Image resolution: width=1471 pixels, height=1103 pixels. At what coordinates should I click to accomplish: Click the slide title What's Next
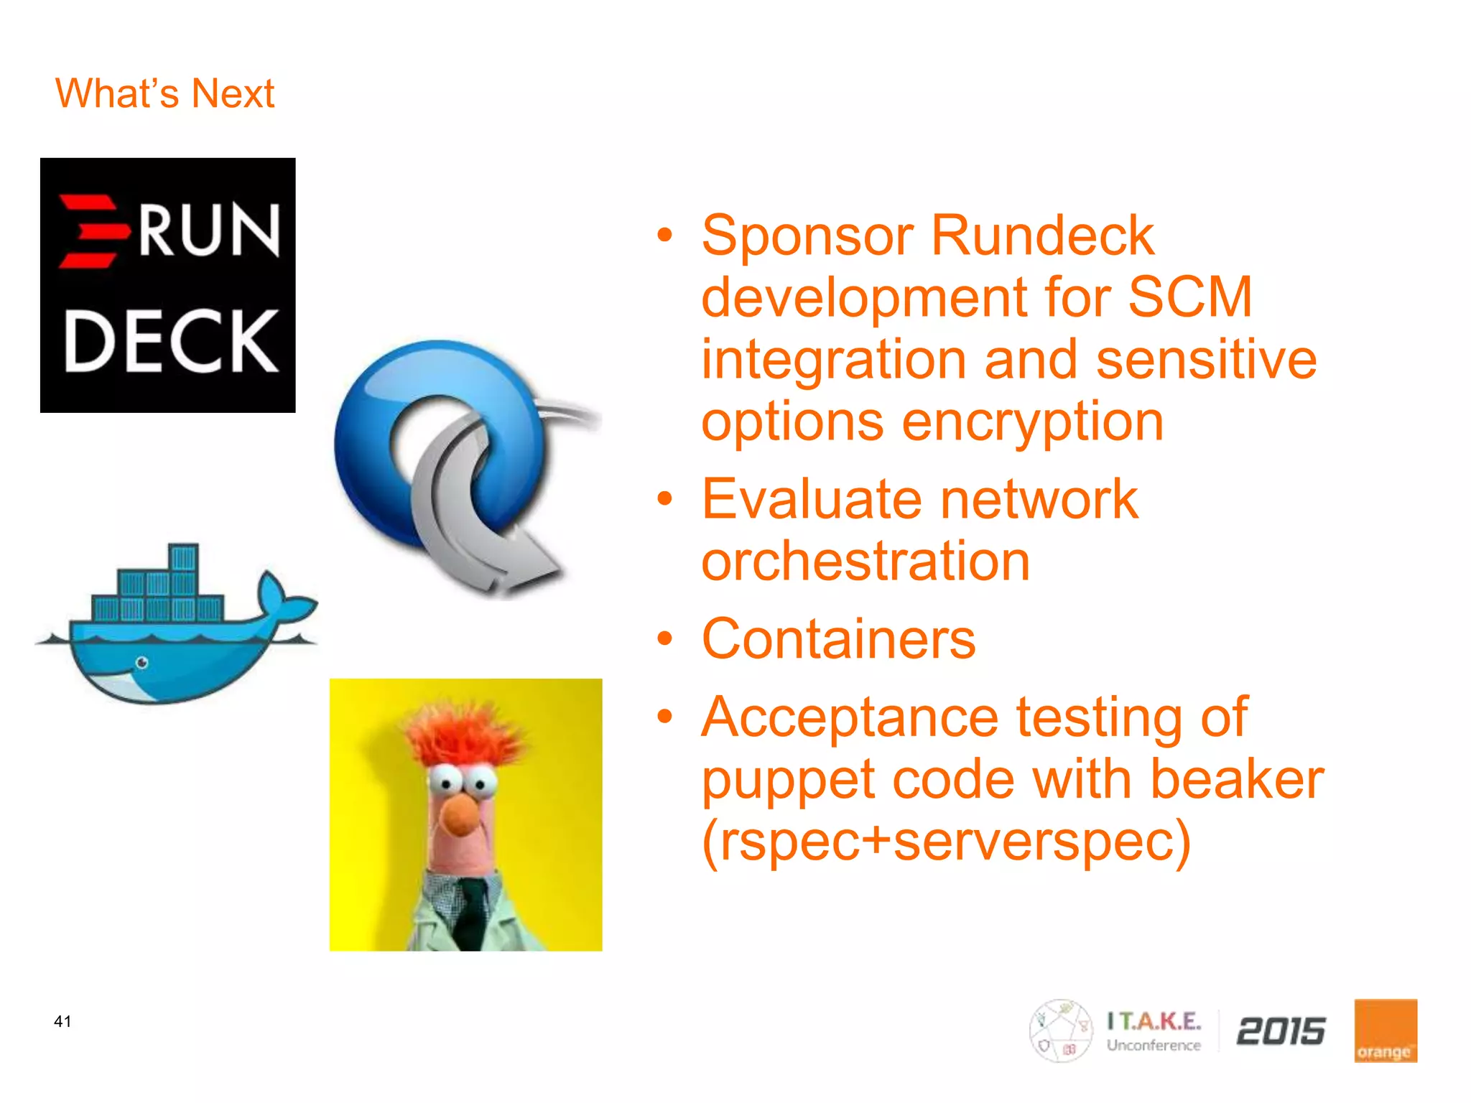coord(164,93)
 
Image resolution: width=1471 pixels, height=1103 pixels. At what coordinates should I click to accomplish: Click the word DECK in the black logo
coord(171,342)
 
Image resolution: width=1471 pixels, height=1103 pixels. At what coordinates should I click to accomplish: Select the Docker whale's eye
coord(142,662)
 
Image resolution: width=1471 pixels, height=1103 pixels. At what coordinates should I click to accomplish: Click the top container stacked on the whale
coord(184,558)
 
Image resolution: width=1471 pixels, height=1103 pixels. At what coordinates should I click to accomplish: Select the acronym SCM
coord(1190,297)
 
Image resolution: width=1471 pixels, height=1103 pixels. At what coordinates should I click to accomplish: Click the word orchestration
coord(866,562)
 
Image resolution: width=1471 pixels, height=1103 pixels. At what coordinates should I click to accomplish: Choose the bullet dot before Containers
coord(665,638)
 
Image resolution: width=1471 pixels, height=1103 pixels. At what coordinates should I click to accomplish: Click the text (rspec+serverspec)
coord(946,842)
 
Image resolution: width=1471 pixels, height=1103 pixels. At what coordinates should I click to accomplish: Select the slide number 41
coord(62,1021)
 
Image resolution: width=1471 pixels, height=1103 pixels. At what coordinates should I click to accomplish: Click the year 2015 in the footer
coord(1281,1031)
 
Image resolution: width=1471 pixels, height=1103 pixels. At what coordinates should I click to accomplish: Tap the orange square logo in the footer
coord(1385,1030)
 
